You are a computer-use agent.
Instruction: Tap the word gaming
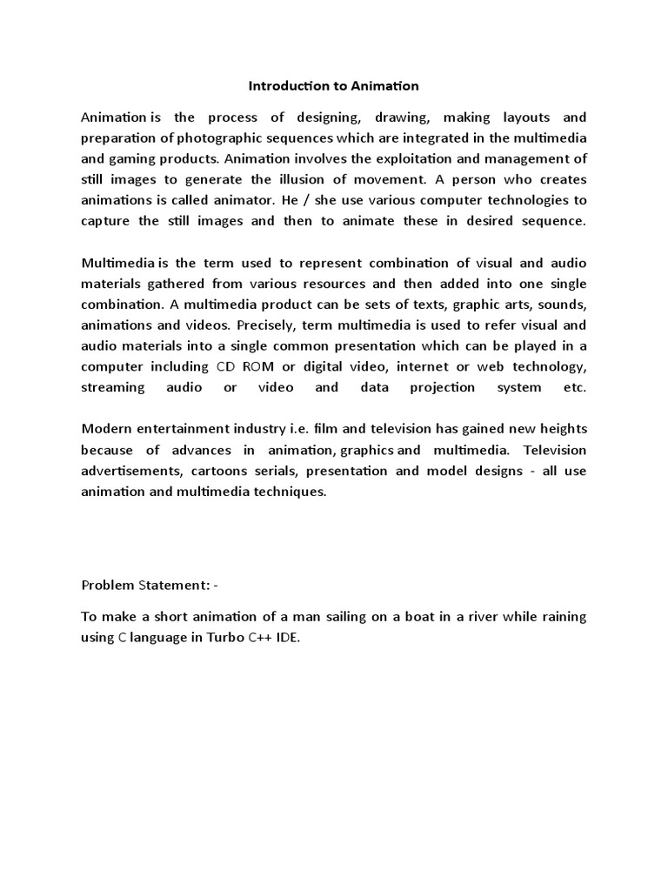(132, 158)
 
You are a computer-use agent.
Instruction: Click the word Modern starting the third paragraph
(104, 429)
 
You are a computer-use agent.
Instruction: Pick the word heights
(562, 429)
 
